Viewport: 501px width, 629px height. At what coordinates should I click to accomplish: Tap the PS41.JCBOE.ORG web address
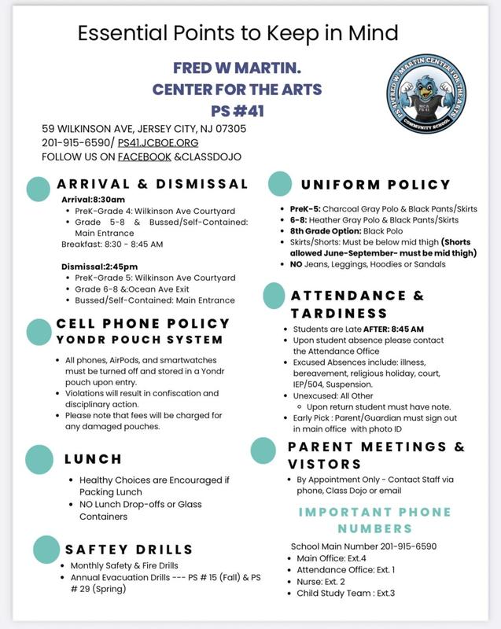157,142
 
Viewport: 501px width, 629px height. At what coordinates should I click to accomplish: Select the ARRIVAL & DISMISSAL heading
152,184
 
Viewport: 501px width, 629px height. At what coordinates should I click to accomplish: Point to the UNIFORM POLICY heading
376,185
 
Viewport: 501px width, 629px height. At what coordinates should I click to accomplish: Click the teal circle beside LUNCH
39,458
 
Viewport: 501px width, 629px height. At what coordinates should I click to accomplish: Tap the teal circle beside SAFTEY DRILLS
47,548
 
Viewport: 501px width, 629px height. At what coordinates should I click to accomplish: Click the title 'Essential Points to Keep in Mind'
238,33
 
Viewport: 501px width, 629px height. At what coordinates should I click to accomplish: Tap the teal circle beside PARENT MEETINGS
263,450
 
